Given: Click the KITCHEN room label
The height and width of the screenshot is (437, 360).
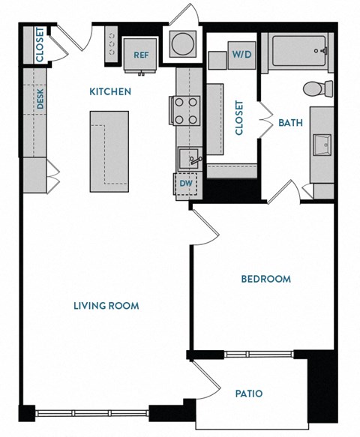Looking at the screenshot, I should tap(110, 92).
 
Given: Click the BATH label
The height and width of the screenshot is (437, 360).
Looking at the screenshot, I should tap(289, 122).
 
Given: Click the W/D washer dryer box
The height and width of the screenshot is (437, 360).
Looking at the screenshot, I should tap(241, 54).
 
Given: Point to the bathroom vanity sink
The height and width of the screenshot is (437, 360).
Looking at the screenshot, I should tap(321, 142).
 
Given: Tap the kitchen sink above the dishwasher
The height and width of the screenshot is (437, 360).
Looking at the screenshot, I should tap(189, 158).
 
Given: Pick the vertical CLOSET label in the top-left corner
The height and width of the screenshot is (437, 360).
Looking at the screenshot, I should tap(38, 45).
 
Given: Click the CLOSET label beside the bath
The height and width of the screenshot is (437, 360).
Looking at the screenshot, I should tap(240, 118).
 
